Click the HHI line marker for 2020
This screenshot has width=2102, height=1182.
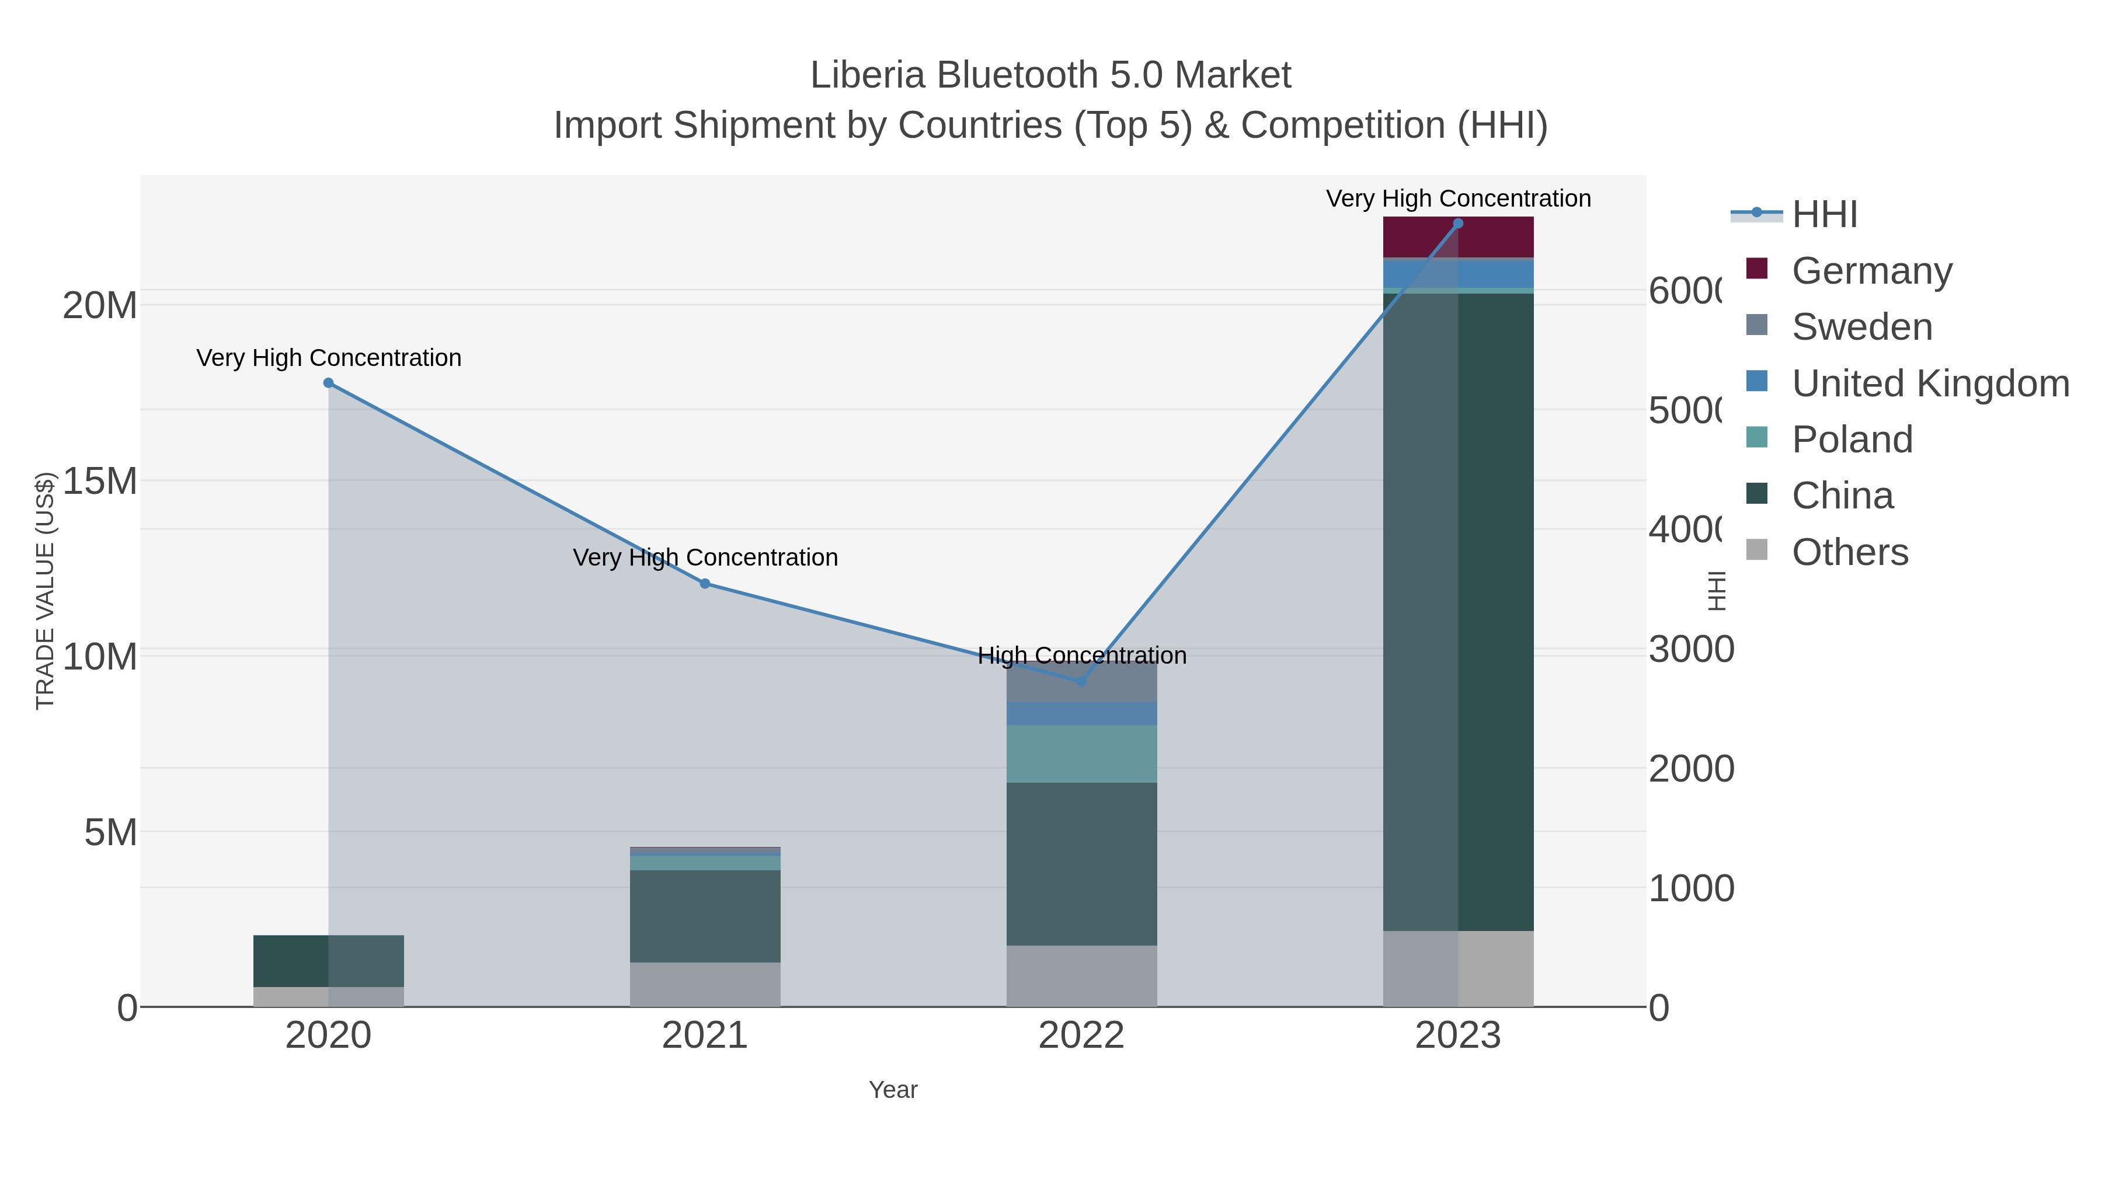[329, 382]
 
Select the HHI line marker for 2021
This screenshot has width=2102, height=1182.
[705, 583]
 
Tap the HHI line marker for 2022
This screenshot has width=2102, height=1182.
[1082, 681]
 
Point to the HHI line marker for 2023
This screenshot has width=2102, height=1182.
[1458, 224]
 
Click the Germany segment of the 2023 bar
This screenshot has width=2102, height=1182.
[1458, 238]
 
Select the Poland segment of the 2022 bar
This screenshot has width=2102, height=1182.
[1082, 754]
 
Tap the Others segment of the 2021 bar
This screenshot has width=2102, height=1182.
[705, 985]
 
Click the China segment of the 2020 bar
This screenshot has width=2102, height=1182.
[329, 961]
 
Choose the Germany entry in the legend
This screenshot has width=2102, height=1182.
[1872, 271]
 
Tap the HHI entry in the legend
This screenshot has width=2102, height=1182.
[1825, 215]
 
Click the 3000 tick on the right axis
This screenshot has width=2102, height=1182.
[1691, 649]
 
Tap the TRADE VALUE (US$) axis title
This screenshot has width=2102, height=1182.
[45, 591]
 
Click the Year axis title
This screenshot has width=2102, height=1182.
[893, 1090]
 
